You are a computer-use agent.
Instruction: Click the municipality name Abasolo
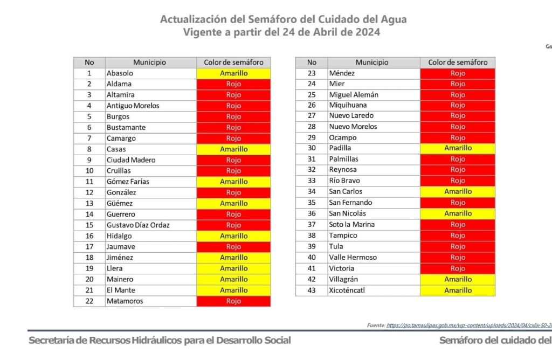coord(120,73)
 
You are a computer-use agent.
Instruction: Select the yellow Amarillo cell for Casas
coord(233,149)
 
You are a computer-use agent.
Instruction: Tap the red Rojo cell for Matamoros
coord(233,301)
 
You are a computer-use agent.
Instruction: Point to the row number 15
coord(89,225)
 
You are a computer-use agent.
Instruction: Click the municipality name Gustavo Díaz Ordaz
coord(138,225)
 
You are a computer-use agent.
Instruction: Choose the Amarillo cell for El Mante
coord(233,290)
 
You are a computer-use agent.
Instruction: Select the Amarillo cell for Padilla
coord(458,148)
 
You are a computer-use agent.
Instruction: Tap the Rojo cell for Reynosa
coord(458,170)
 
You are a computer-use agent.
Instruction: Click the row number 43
coord(311,290)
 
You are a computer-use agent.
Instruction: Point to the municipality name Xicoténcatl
coord(348,290)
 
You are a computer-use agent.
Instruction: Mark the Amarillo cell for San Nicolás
coord(458,213)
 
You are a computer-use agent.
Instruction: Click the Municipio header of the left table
coord(150,63)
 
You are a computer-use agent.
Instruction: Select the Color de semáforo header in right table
coord(458,63)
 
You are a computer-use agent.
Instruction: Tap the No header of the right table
coord(312,63)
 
